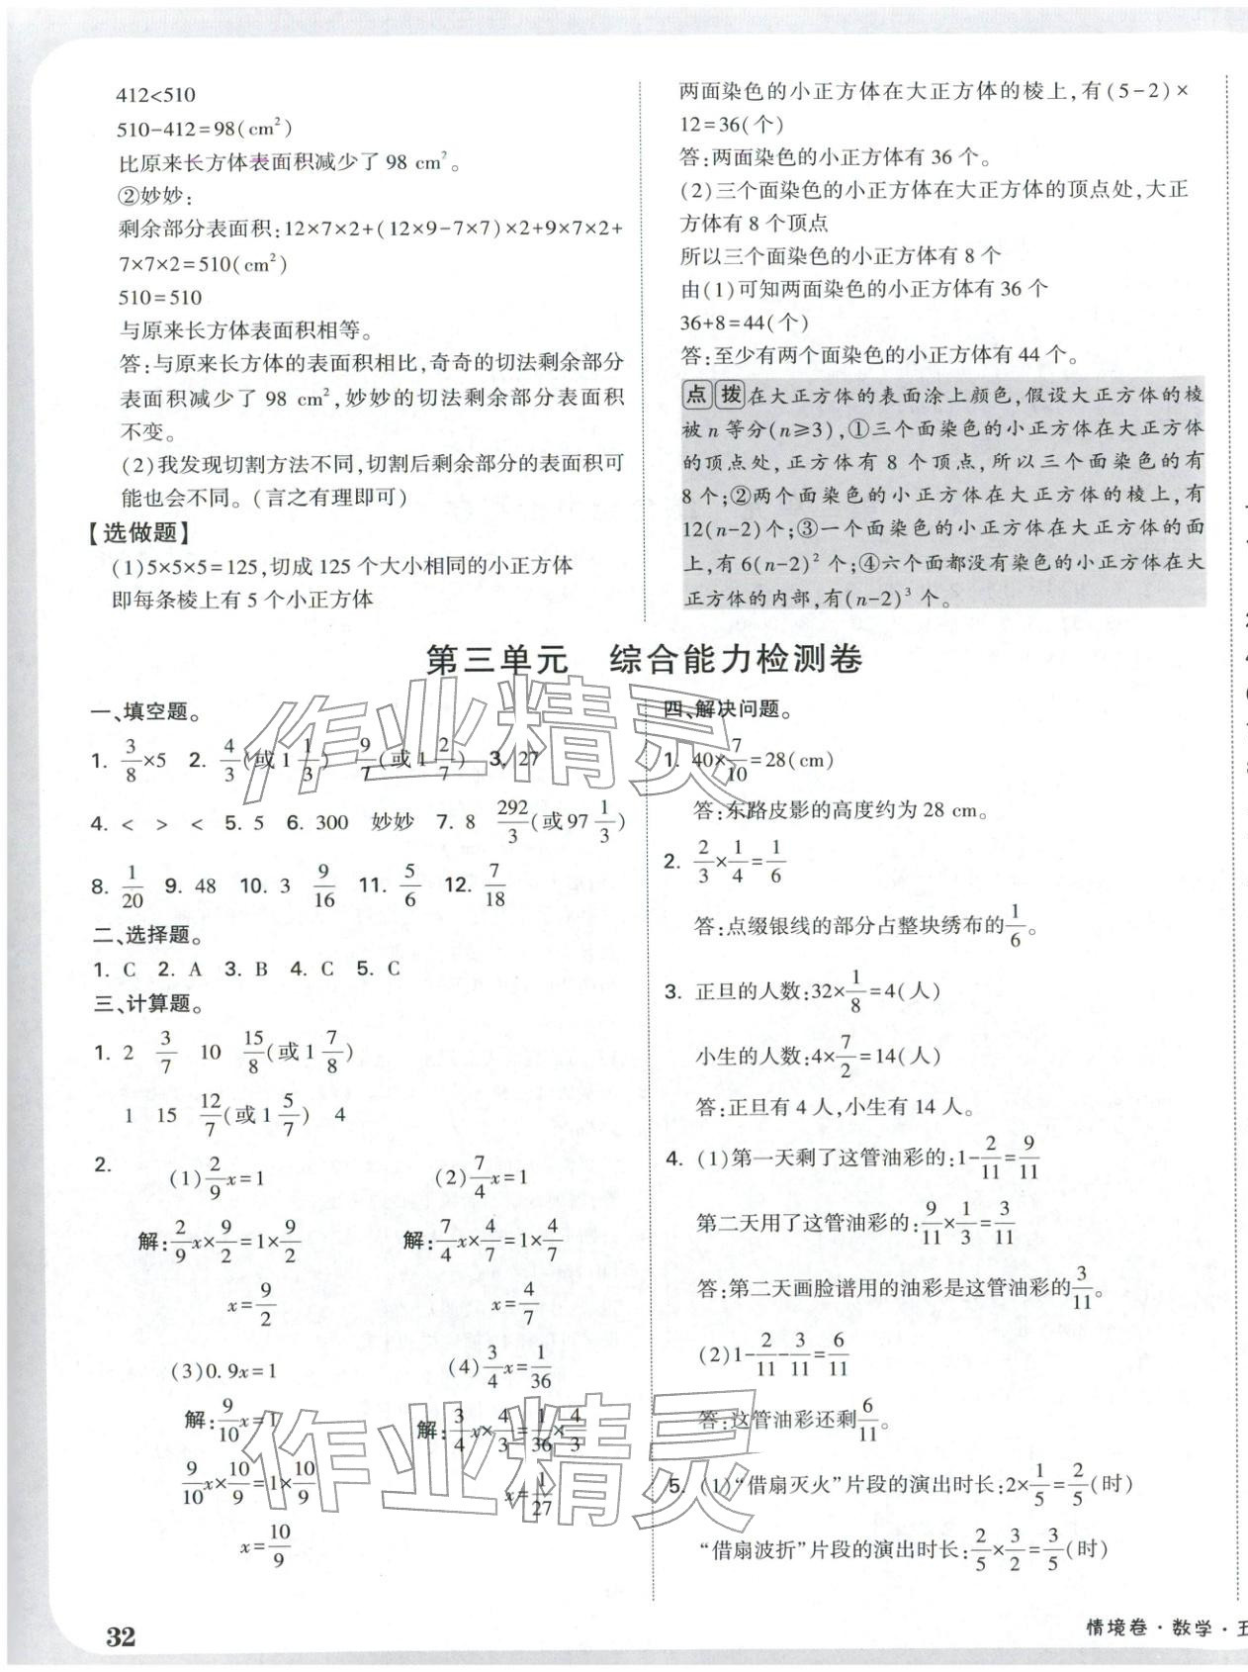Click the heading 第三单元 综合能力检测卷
(643, 660)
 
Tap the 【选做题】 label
(136, 533)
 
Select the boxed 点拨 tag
(713, 395)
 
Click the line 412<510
(156, 95)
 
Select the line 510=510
(160, 297)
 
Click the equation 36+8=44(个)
(745, 322)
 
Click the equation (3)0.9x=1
(225, 1370)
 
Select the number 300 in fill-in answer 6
(332, 822)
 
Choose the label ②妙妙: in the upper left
(158, 195)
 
